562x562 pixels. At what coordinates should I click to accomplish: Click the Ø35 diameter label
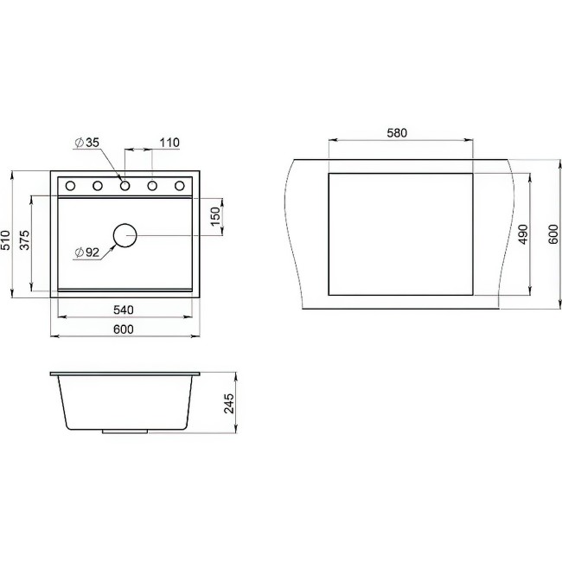click(x=86, y=143)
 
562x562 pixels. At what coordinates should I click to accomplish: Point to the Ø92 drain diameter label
click(x=87, y=252)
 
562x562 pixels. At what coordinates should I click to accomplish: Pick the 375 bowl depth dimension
click(x=26, y=239)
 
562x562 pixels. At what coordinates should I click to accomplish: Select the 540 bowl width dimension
click(x=124, y=309)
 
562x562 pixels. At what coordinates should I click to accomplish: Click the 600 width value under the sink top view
click(x=124, y=329)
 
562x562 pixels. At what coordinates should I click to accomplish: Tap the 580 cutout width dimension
click(x=397, y=133)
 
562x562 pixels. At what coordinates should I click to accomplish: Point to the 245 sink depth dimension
click(x=228, y=404)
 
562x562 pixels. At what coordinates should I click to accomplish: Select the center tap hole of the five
click(x=125, y=185)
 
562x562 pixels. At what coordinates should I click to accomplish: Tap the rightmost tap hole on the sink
click(x=180, y=185)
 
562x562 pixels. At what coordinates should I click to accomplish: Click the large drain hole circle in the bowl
click(x=125, y=234)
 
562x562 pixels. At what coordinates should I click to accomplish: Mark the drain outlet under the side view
click(x=126, y=431)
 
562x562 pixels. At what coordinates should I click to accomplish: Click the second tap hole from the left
click(x=98, y=185)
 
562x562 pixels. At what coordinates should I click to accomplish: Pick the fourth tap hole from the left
click(x=153, y=185)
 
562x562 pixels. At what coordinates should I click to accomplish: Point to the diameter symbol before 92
click(x=79, y=252)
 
